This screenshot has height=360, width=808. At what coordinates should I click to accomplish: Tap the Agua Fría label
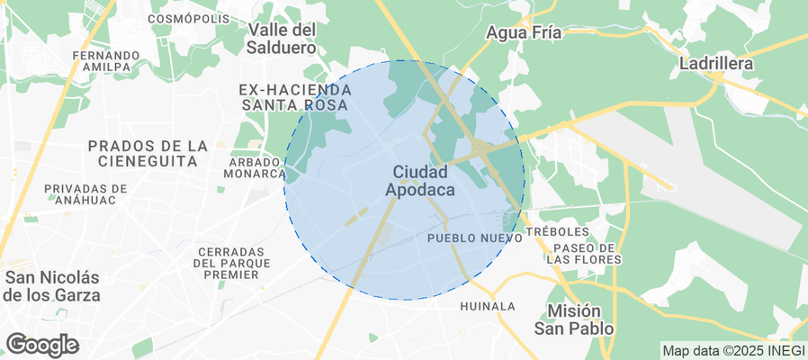tap(524, 33)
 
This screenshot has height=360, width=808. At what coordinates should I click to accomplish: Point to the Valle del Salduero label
tap(282, 38)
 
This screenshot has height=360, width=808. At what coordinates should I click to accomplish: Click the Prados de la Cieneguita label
tap(148, 153)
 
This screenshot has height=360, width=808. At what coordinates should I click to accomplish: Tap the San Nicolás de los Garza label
tap(52, 286)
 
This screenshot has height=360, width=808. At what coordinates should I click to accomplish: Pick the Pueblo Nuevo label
tap(474, 238)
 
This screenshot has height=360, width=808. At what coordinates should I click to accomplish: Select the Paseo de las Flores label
tap(584, 253)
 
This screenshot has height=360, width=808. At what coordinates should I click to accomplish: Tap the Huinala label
tap(487, 306)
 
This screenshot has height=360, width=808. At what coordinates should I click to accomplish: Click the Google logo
tap(42, 345)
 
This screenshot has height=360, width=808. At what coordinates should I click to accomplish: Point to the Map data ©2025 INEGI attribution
tap(732, 350)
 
